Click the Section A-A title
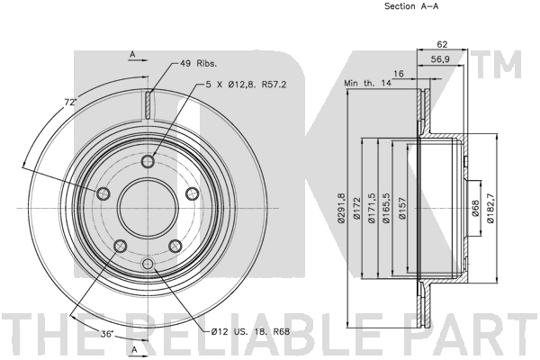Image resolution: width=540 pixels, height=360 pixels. pos(411,6)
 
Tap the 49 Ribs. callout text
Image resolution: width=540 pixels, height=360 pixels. pos(198,63)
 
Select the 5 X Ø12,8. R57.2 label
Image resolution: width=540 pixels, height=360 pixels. pos(246,85)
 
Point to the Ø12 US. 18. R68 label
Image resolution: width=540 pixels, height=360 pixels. pos(250,332)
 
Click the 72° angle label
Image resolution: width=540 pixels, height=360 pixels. pos(70,102)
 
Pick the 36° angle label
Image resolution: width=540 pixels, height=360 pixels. pos(107,334)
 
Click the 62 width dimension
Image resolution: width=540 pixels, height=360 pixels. pos(442,44)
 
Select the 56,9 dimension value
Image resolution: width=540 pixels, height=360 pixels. pos(440,59)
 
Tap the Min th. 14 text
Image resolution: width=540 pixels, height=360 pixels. pos(368,83)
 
